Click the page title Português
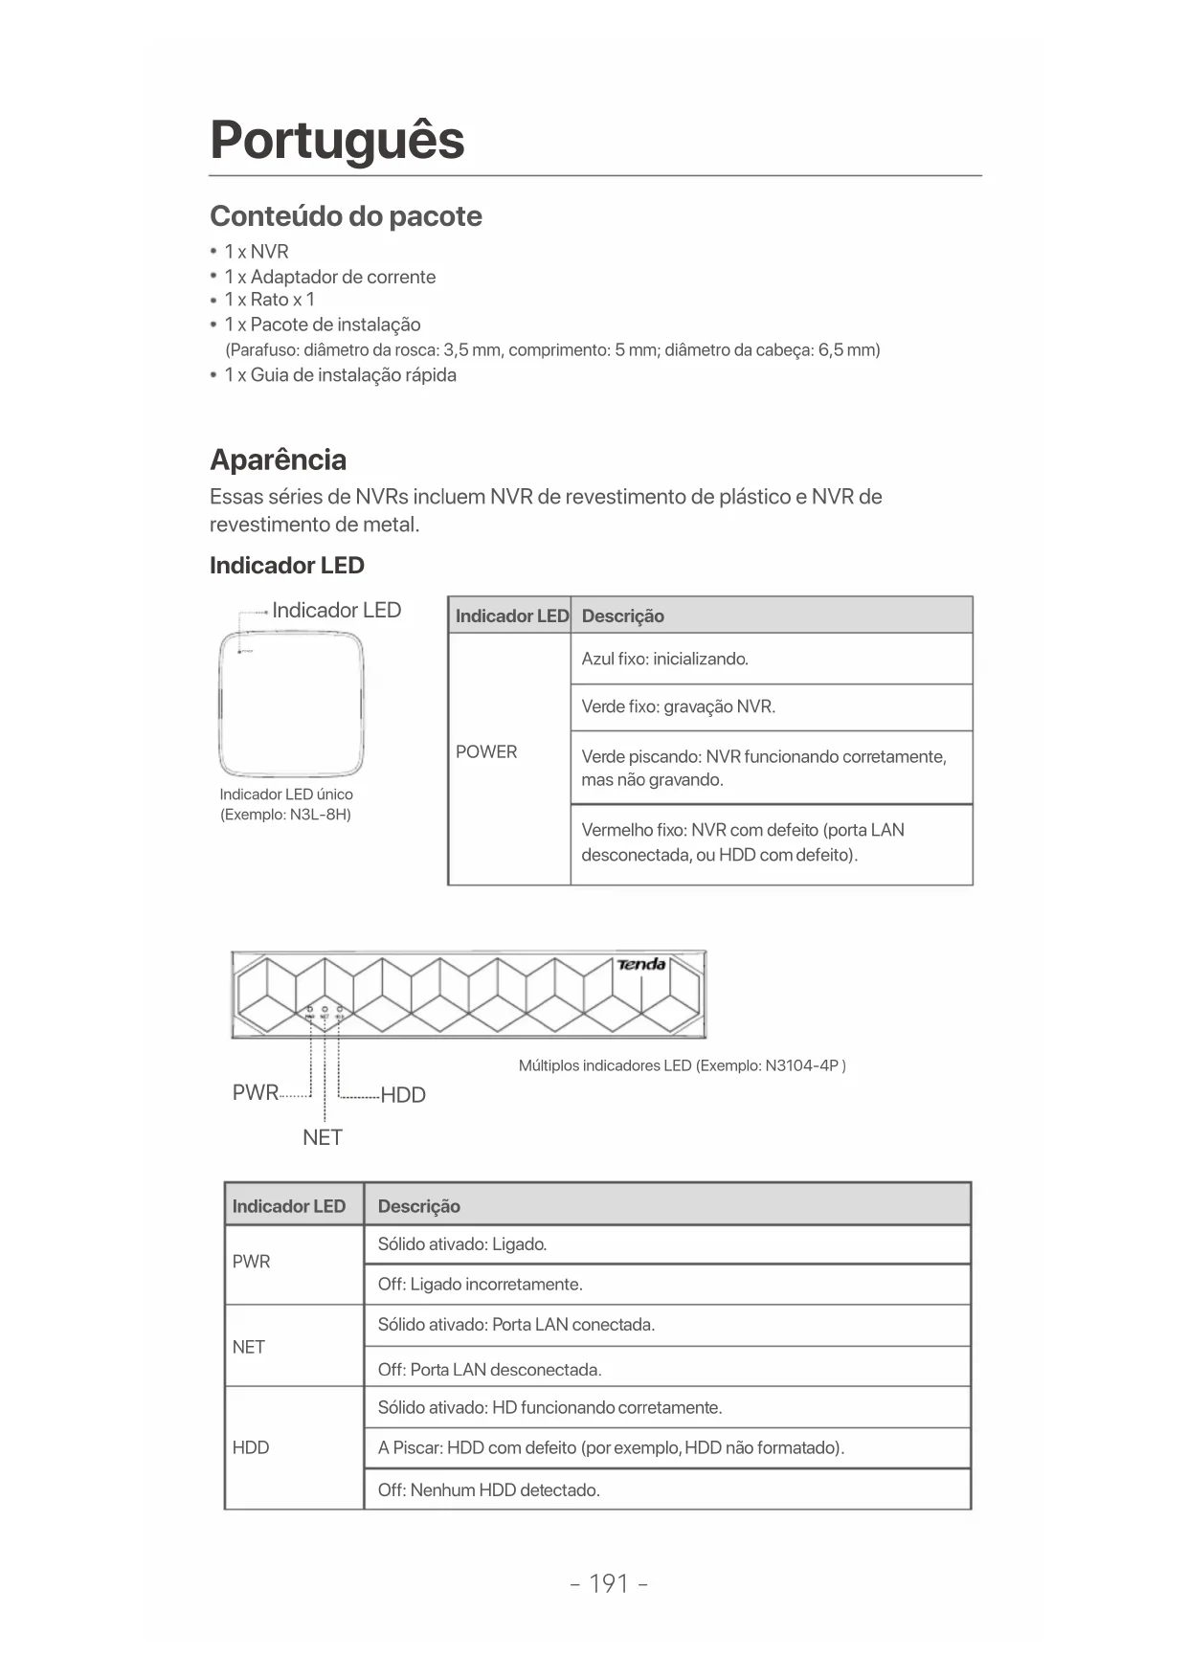337,140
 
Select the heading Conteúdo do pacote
346,216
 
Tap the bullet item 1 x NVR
256,252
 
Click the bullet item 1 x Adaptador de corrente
329,277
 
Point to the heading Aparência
278,459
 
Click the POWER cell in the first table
486,752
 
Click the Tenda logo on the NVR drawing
641,964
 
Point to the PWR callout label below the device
255,1092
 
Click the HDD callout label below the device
403,1095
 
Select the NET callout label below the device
323,1137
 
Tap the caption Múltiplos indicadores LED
682,1065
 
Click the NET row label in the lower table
249,1347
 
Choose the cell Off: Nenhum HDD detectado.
488,1489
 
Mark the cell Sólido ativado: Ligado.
462,1244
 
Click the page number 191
609,1583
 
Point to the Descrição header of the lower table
418,1206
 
